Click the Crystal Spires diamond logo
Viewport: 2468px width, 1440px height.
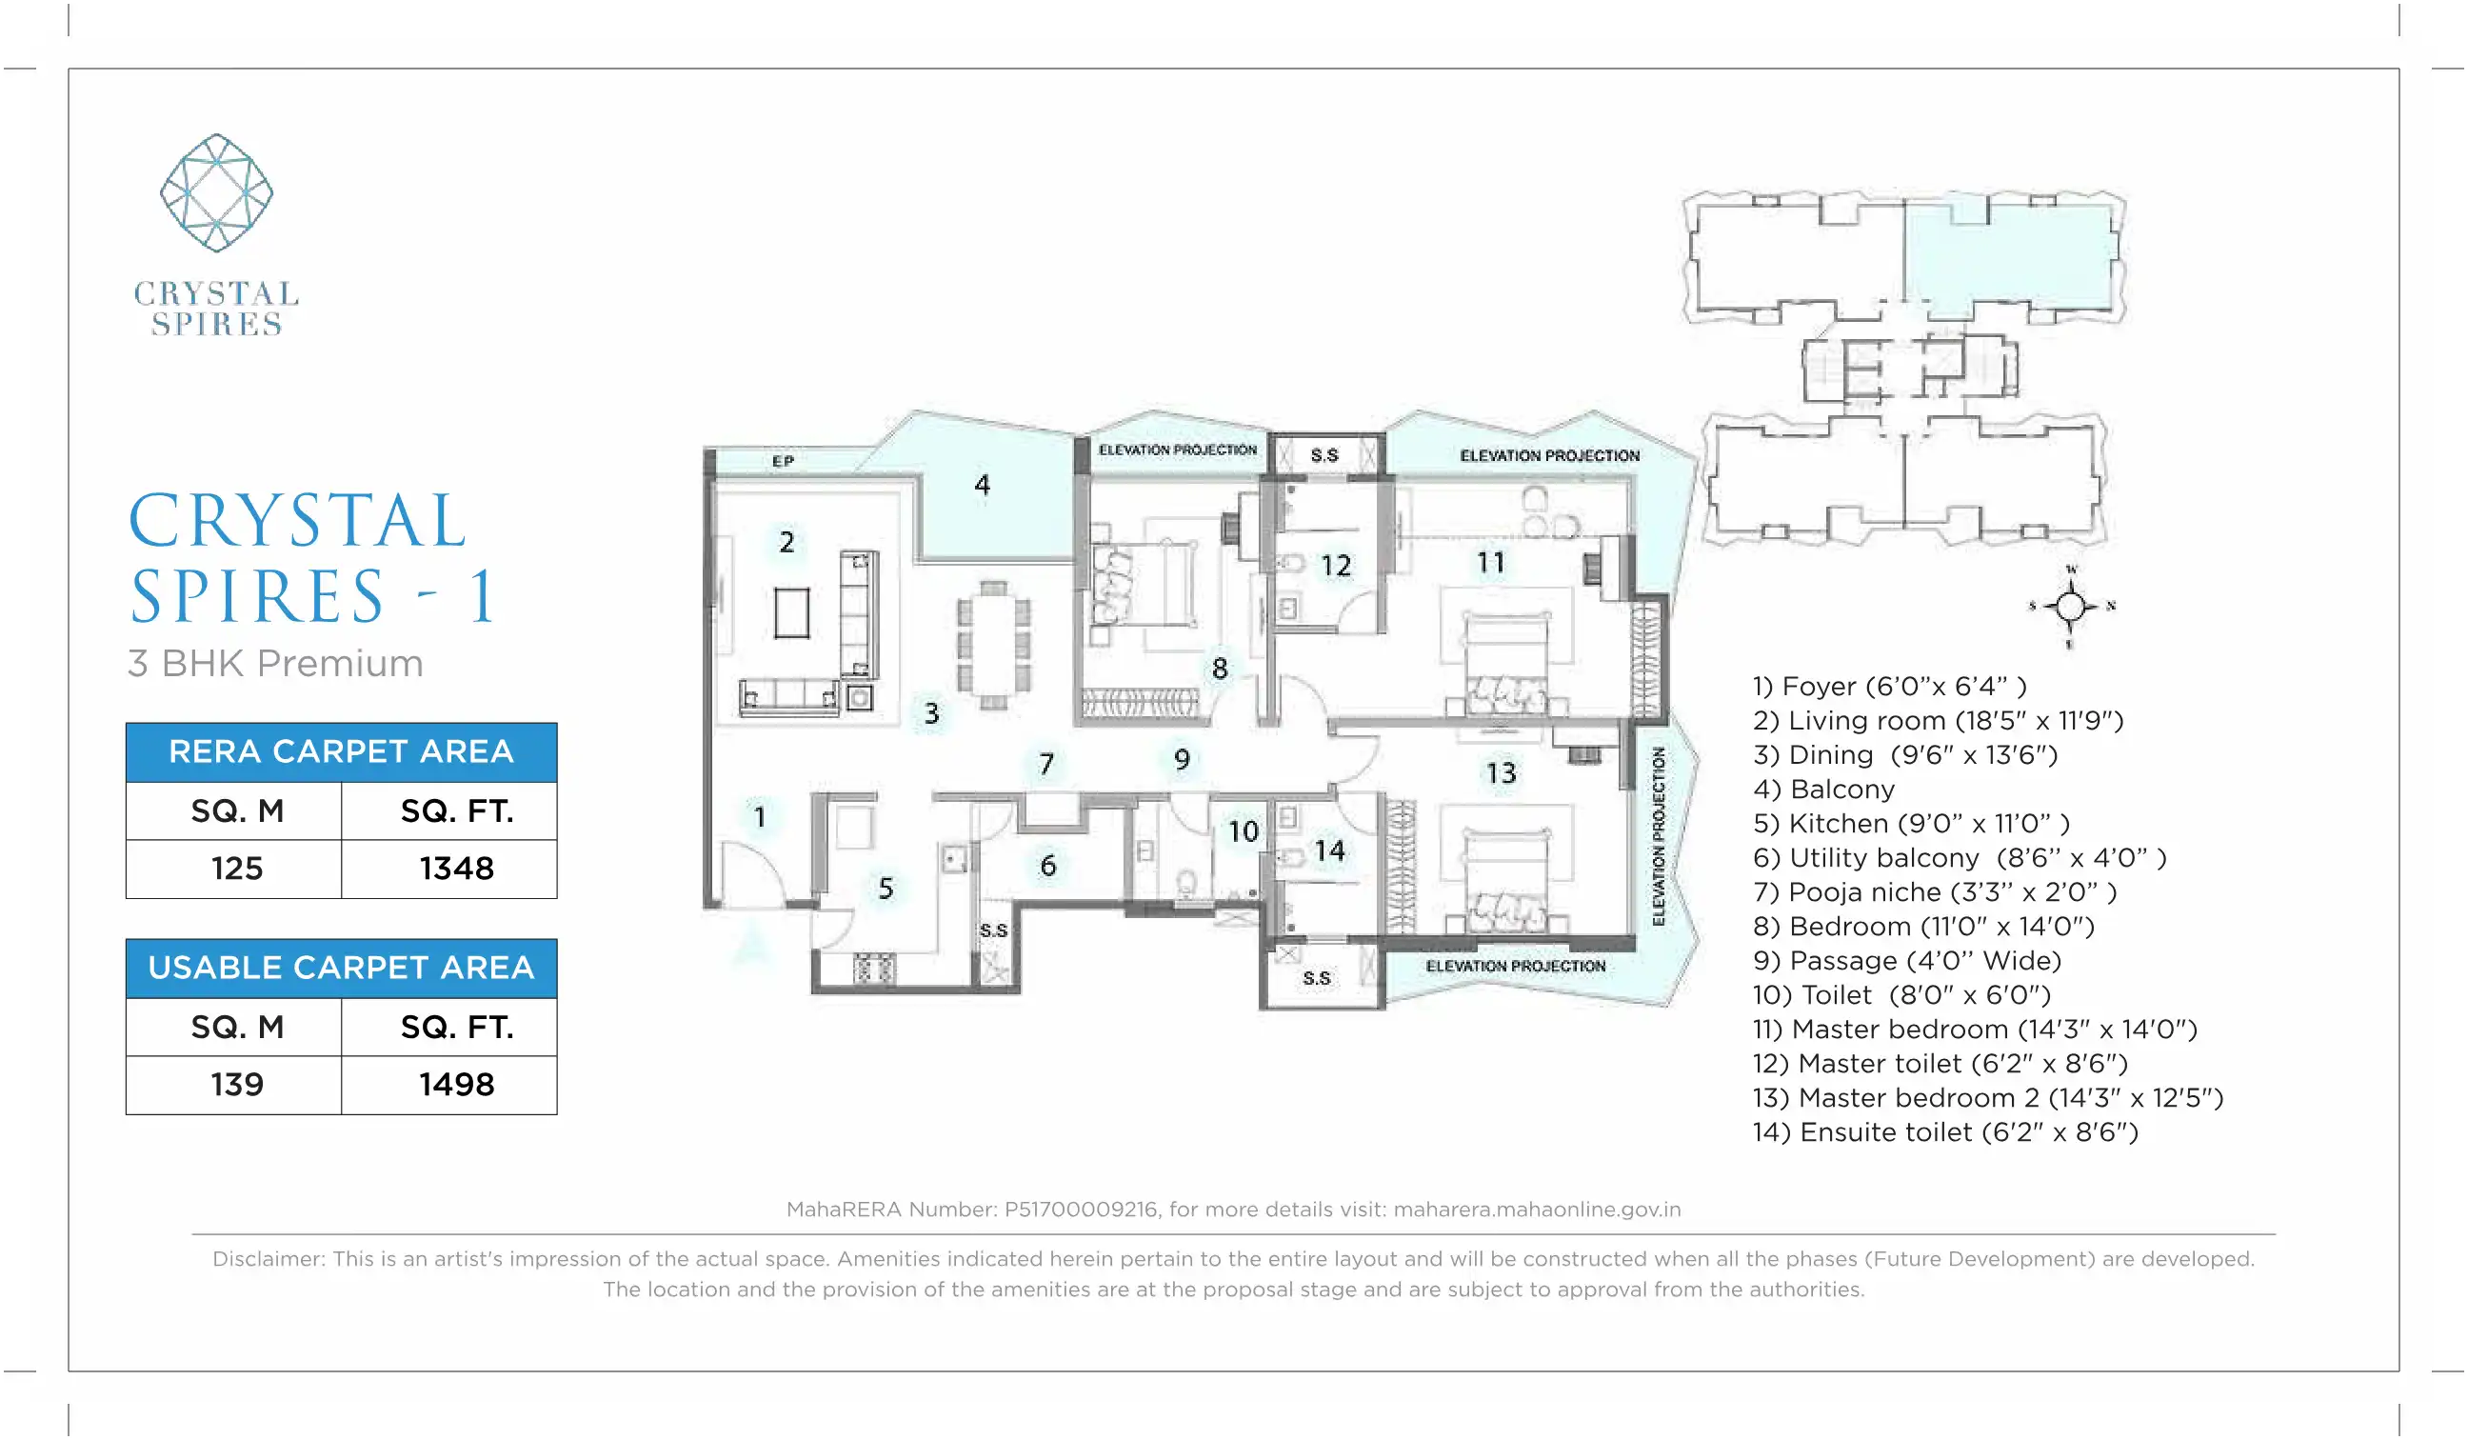coord(216,193)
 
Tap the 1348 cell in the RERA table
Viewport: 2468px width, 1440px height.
coord(456,869)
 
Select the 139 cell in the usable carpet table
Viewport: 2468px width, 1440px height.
coord(236,1085)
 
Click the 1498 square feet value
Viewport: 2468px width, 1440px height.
coord(456,1085)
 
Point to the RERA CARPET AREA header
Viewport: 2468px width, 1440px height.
coord(341,751)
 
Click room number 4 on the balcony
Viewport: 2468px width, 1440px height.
coord(983,484)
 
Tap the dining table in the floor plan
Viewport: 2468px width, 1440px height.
coord(993,646)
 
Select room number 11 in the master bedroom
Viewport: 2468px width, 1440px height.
coord(1490,562)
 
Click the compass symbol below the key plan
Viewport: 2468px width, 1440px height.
coord(2070,607)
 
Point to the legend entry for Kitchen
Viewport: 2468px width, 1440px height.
coord(1911,824)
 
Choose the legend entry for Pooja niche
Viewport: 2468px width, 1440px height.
coord(1934,892)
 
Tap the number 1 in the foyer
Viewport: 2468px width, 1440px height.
coord(759,816)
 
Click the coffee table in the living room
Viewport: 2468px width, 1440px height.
coord(791,613)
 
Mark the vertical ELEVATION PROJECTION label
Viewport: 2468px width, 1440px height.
coord(1658,835)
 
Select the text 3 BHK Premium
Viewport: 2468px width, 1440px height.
coord(275,663)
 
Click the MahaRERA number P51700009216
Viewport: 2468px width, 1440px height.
coord(1081,1209)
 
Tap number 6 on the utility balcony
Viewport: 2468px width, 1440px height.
coord(1048,865)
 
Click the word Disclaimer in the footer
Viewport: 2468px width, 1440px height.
coord(267,1259)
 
